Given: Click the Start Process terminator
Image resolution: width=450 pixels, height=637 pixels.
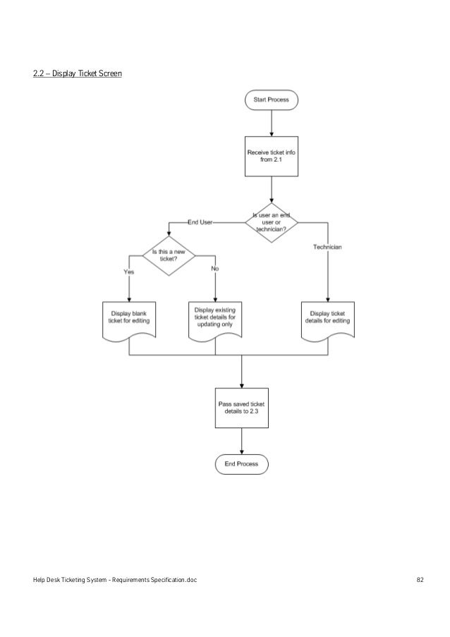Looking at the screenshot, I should [272, 100].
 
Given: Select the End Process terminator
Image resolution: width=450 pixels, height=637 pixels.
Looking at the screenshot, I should [242, 464].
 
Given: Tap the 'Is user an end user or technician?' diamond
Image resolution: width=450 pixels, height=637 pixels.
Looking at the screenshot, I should [272, 222].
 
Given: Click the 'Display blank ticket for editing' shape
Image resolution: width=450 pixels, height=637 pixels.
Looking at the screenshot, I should [129, 321].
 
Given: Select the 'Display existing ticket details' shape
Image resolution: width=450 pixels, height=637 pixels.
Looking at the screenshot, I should [215, 320].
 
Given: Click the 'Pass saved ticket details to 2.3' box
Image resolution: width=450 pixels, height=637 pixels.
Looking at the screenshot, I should [242, 406].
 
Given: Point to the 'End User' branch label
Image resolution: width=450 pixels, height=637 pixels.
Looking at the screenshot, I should [200, 222].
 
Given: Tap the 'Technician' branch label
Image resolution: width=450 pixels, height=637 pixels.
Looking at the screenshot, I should [327, 246].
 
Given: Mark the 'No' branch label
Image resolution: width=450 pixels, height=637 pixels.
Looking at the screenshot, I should [215, 269].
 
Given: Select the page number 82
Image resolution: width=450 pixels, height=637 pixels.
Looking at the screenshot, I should [420, 581].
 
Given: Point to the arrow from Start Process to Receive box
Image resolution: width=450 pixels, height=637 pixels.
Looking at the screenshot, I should [272, 123].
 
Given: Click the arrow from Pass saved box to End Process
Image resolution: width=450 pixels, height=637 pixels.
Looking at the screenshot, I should [242, 441].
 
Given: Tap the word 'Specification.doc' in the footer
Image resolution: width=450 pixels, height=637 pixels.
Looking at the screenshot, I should [174, 581].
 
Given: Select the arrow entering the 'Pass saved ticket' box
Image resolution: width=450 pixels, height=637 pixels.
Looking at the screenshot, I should [242, 370].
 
